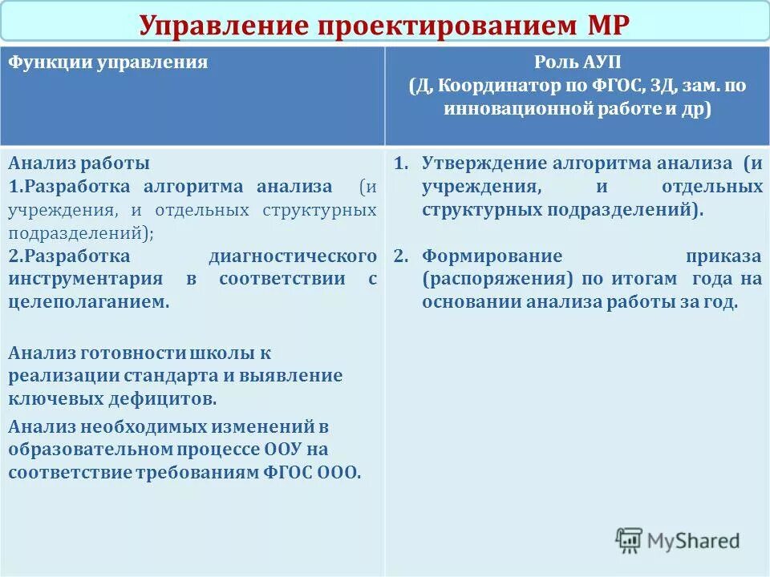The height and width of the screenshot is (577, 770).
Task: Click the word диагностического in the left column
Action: pyautogui.click(x=292, y=256)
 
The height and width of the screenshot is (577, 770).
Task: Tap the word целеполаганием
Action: pyautogui.click(x=89, y=302)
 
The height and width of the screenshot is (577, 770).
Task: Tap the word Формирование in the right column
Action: pyautogui.click(x=492, y=256)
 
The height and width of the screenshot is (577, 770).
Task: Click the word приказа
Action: pyautogui.click(x=723, y=256)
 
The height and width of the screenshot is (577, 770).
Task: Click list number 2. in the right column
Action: pyautogui.click(x=402, y=256)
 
